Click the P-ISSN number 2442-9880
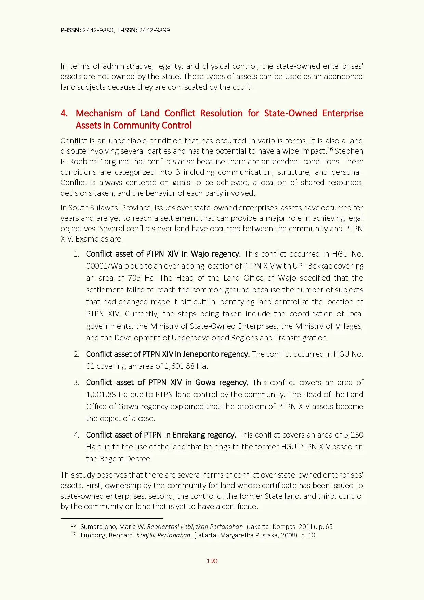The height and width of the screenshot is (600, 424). coord(98,30)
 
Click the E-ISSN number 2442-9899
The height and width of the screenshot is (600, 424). coord(154,30)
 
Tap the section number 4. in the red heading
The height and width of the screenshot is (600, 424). coord(64,113)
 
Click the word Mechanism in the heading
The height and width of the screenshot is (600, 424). coord(99,113)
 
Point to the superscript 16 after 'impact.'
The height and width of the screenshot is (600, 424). coord(330,149)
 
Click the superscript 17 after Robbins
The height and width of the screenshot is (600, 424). coord(100,160)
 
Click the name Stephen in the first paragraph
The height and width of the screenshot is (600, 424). coord(349,151)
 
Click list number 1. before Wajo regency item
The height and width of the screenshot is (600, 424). coord(77,254)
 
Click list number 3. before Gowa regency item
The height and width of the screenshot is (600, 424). coord(77,383)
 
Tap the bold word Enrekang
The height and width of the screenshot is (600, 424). coord(187,435)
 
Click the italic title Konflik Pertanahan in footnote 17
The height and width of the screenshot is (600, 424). coord(163,535)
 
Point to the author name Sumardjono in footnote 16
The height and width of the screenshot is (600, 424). coord(98,527)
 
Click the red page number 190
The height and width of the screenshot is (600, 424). coord(212,561)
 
